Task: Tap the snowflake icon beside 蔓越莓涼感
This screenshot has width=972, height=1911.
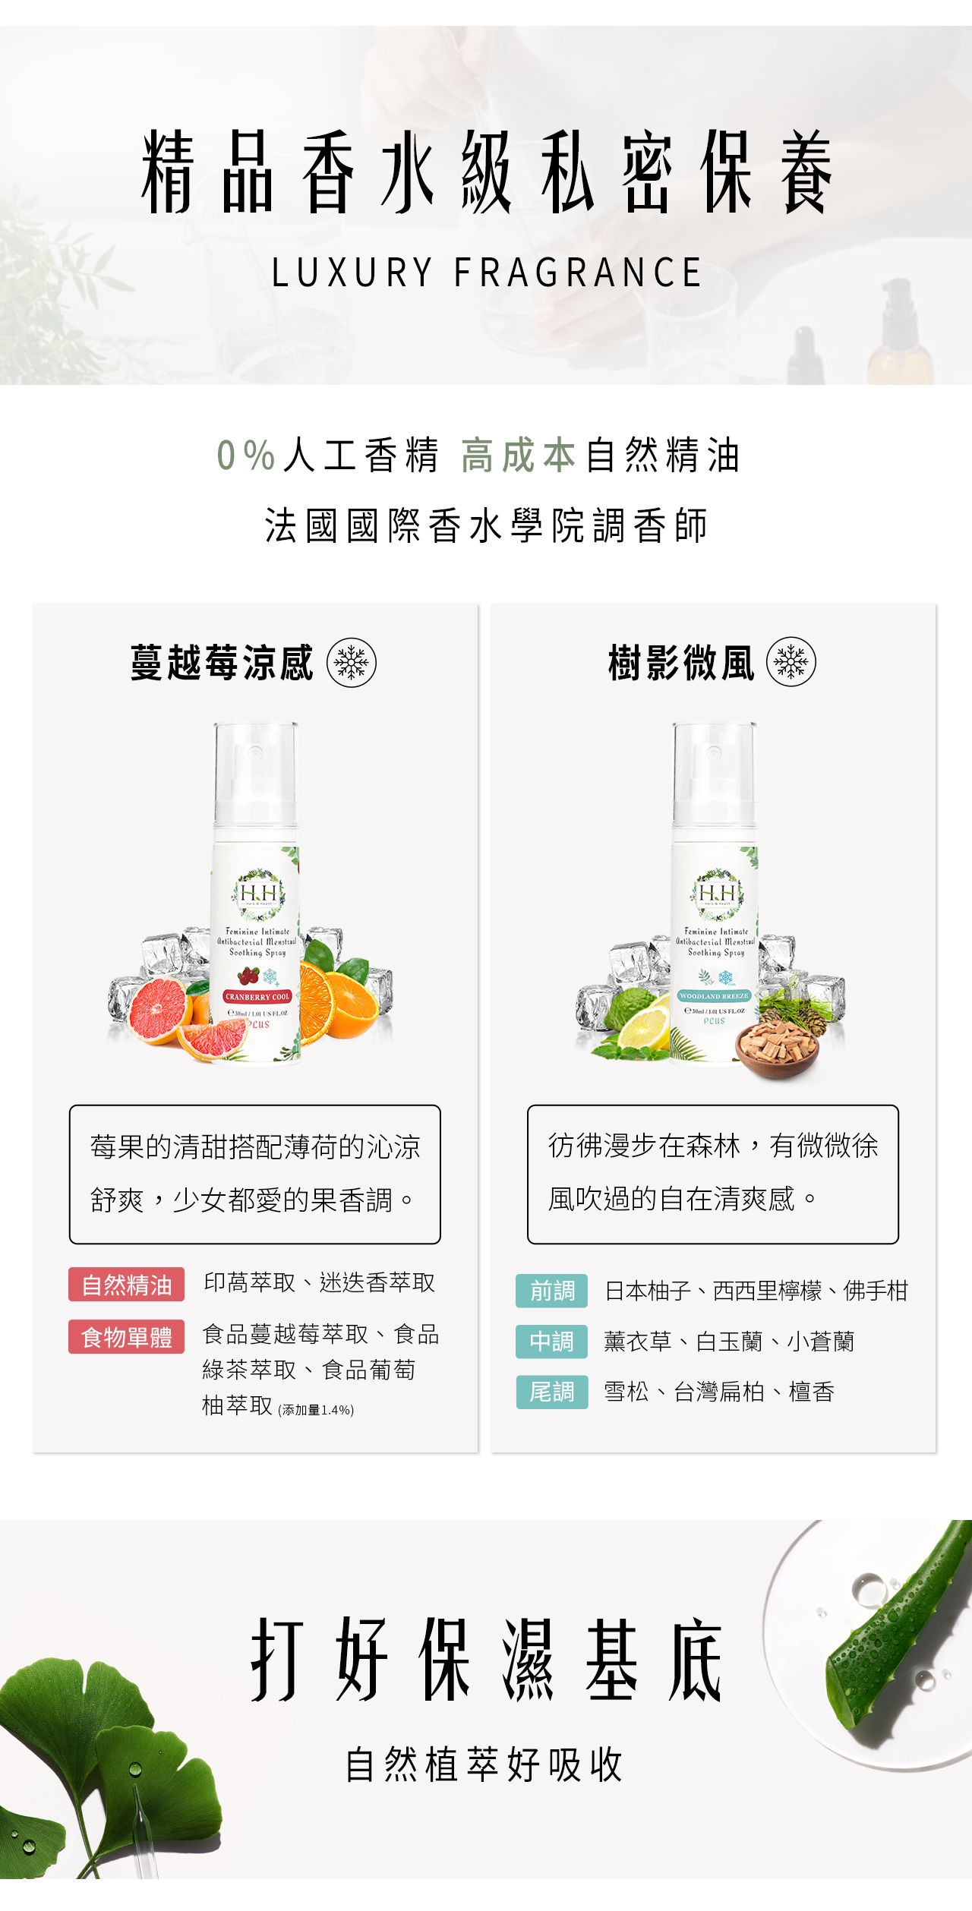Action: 351,662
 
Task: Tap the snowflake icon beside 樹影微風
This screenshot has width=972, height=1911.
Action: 791,662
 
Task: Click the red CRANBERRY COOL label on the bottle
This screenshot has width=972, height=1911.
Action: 257,996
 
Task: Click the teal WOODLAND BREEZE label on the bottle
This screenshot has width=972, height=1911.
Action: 714,995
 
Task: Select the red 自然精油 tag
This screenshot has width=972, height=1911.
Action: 127,1285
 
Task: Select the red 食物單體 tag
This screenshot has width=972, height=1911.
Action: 127,1336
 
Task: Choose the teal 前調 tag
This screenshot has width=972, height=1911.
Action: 551,1291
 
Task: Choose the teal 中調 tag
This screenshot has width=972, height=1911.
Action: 551,1342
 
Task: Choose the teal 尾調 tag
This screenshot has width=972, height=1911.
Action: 551,1392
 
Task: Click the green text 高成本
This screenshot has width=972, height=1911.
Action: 518,456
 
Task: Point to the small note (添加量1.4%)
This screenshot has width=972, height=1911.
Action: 316,1410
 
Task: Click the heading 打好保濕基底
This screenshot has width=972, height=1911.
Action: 486,1660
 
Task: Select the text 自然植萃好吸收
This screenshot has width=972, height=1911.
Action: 484,1764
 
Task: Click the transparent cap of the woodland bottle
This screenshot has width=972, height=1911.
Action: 714,771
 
